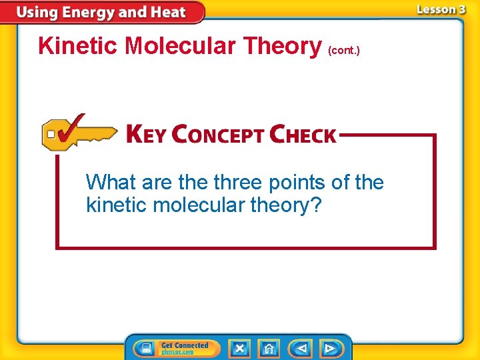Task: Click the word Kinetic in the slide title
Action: click(79, 46)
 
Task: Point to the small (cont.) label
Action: click(345, 50)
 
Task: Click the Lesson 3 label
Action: click(441, 9)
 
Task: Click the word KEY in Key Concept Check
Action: click(146, 135)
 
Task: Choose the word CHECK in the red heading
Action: click(303, 135)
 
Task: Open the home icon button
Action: click(269, 348)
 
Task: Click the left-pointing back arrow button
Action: click(301, 348)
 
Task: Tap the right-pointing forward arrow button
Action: click(330, 348)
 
